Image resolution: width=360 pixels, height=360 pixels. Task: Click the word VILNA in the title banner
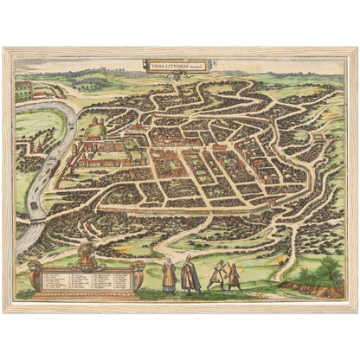(x=157, y=62)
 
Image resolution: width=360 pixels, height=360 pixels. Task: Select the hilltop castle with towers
(x=93, y=128)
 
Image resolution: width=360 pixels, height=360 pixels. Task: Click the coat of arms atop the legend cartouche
(x=86, y=254)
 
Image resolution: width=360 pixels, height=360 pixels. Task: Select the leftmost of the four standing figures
(x=169, y=274)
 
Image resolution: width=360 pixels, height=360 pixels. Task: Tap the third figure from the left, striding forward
(x=216, y=274)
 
